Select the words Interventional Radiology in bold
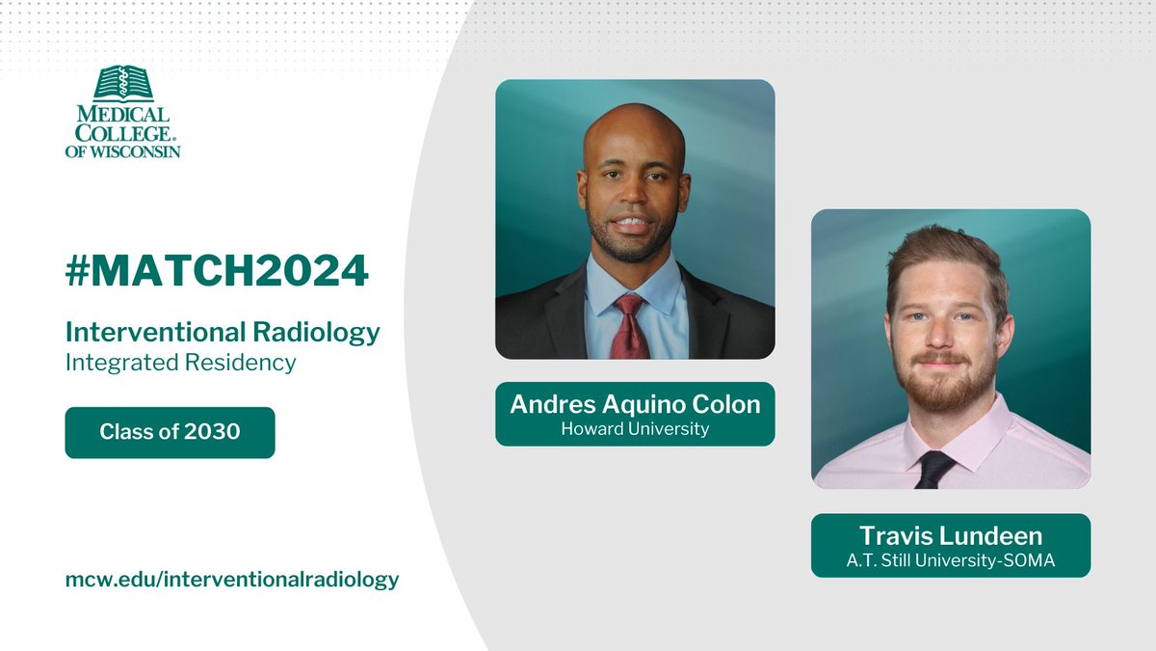223,333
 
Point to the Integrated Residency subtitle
180,363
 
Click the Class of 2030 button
170,432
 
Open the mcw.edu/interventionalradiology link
231,580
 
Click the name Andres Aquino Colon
635,405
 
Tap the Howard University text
635,429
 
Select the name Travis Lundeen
950,535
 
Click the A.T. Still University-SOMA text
950,559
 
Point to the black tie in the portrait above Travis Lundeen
933,469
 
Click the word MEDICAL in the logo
122,114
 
